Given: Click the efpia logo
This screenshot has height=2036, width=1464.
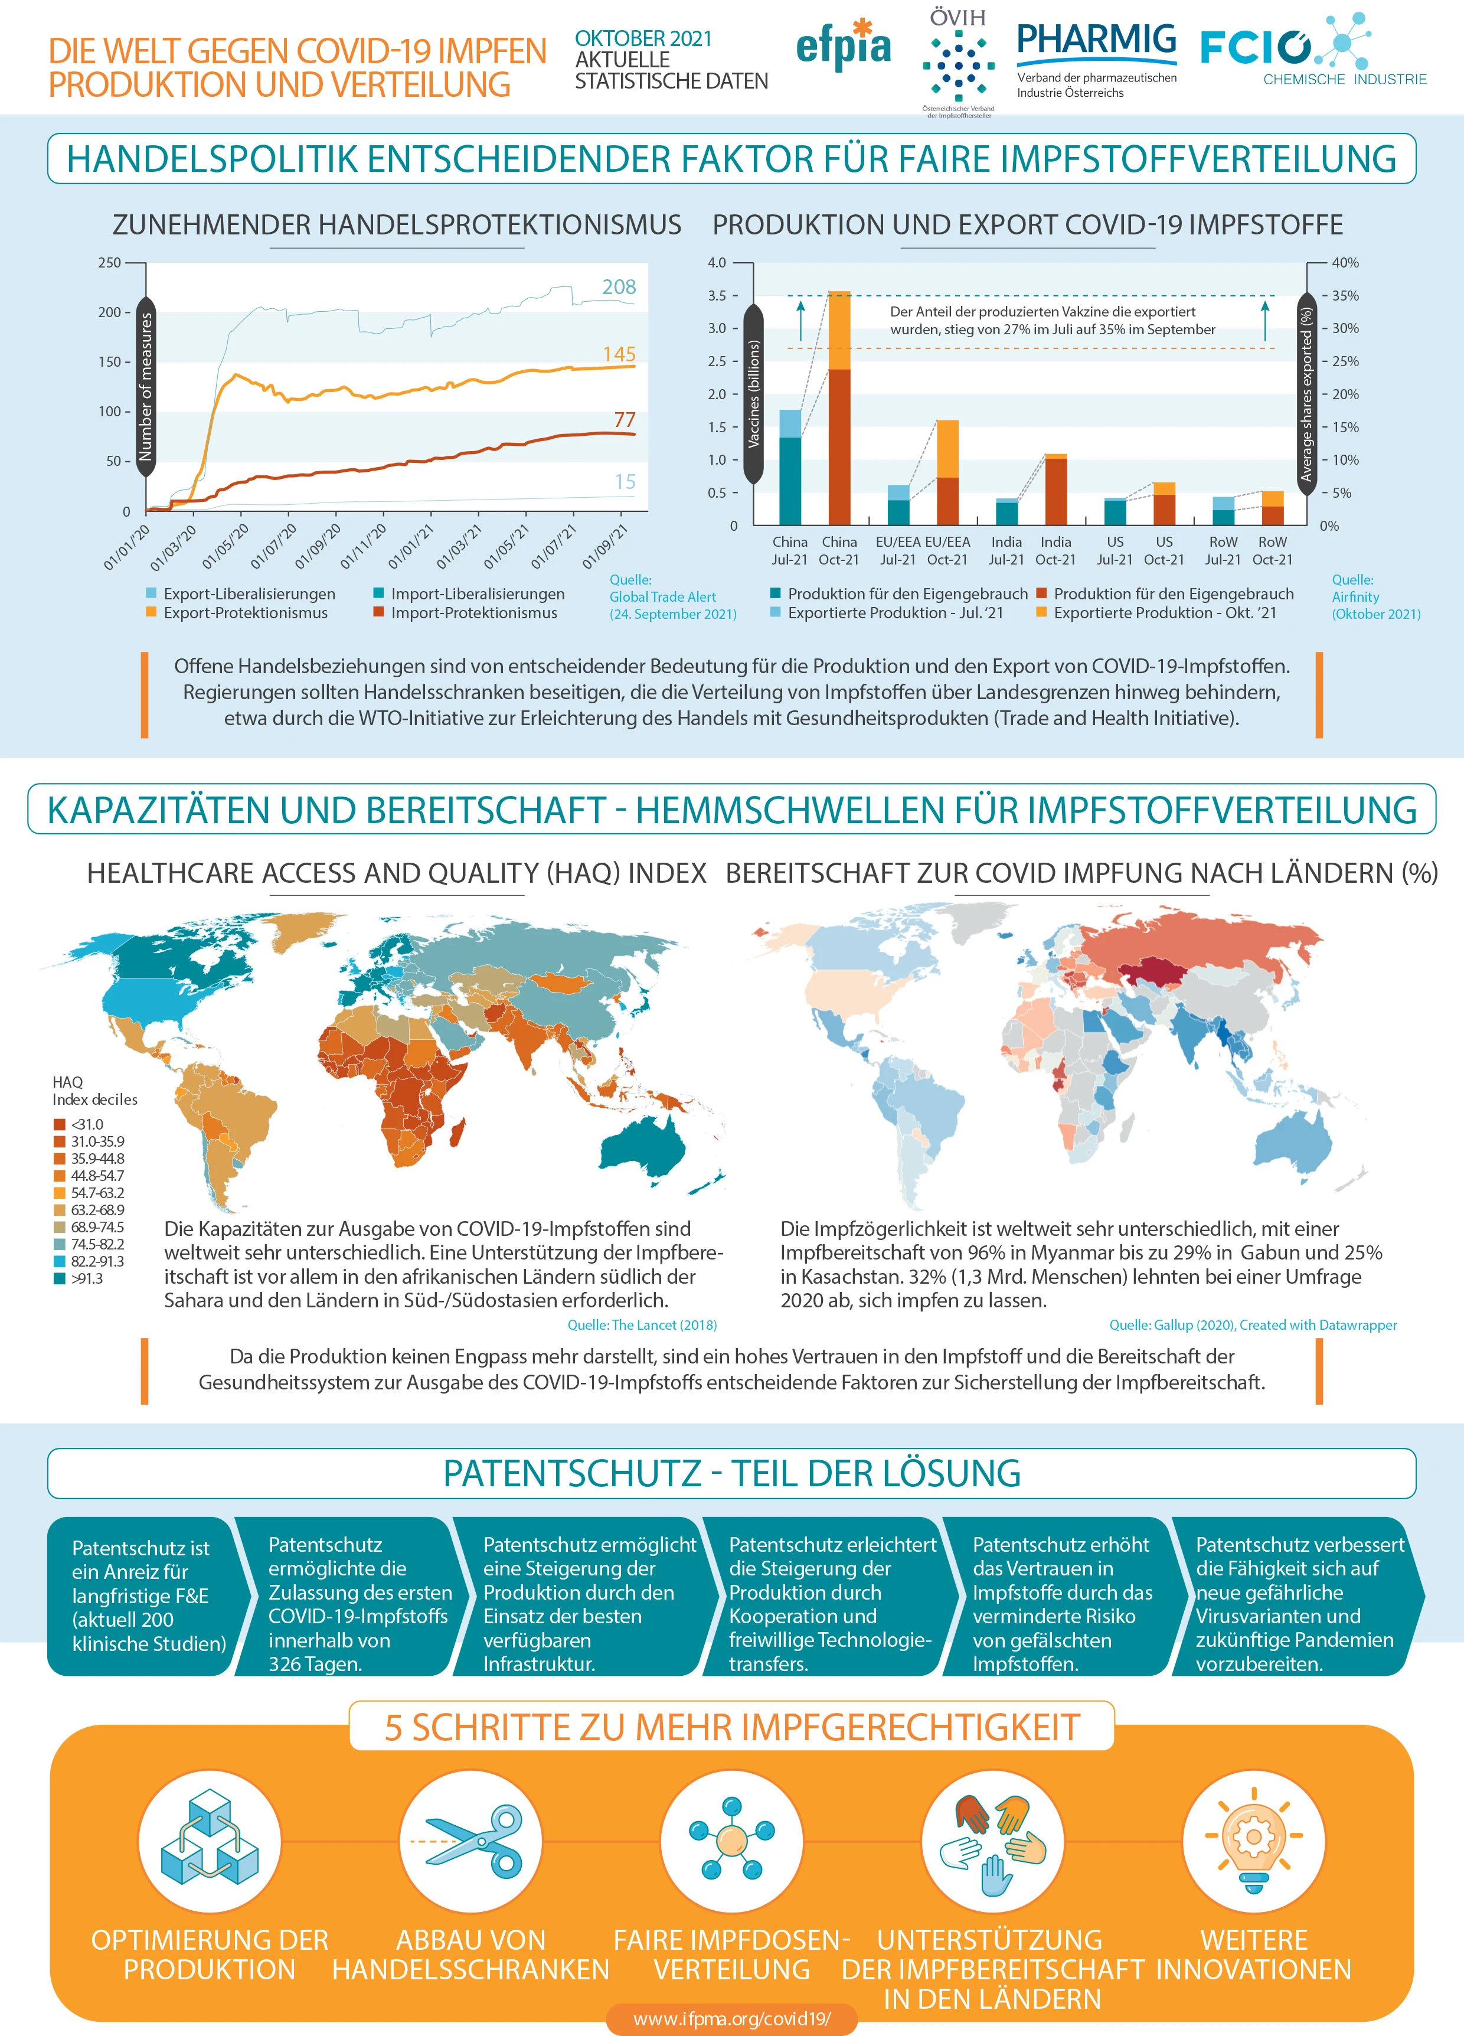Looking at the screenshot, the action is [843, 45].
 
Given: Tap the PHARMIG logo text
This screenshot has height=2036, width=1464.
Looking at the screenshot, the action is [1096, 40].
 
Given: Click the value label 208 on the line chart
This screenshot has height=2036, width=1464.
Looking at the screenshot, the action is [619, 287].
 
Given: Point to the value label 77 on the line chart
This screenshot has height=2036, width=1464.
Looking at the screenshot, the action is [625, 420].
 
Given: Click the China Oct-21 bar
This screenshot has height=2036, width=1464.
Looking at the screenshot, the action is [839, 407].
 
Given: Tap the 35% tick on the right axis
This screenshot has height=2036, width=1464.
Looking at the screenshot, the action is [1345, 295].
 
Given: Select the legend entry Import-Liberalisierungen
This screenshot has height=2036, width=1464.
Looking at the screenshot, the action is [469, 594].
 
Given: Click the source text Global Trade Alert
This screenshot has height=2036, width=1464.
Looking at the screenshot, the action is [662, 597].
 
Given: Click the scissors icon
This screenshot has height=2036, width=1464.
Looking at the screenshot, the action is [471, 1843].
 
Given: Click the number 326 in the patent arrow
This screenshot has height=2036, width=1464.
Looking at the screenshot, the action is [286, 1663].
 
